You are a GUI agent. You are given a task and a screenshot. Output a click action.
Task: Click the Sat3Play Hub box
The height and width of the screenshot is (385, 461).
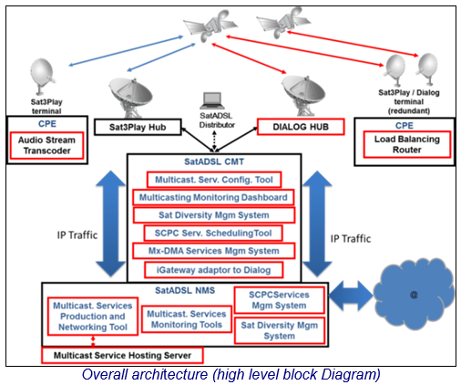138,127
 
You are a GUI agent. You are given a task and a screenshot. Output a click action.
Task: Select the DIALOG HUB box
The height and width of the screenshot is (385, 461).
301,127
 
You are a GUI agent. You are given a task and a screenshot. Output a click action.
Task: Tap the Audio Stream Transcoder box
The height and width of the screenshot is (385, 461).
46,145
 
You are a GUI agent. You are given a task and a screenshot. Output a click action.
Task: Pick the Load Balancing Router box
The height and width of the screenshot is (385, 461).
407,144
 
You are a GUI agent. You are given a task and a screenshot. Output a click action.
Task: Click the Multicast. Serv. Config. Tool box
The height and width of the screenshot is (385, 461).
214,180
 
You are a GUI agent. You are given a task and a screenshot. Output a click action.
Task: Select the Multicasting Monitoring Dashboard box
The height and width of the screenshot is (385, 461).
213,197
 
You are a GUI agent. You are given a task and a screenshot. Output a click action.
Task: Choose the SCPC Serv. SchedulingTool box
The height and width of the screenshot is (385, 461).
213,234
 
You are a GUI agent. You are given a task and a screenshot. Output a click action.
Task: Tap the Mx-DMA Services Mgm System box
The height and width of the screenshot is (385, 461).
213,251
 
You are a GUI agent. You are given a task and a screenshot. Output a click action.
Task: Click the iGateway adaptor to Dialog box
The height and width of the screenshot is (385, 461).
214,270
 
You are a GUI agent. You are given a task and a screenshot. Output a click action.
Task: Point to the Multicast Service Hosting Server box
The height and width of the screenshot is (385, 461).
122,355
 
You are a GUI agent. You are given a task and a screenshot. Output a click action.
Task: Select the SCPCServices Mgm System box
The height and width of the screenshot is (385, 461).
279,300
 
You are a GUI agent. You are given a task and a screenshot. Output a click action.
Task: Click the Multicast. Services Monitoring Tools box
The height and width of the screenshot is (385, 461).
187,319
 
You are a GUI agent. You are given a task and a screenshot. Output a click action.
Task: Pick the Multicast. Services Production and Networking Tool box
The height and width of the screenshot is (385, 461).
93,317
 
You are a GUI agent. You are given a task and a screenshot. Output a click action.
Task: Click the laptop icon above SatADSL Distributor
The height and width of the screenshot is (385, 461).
212,100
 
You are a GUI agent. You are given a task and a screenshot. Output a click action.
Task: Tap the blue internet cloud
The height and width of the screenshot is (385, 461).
414,294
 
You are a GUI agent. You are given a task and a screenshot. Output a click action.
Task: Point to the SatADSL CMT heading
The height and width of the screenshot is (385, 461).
214,161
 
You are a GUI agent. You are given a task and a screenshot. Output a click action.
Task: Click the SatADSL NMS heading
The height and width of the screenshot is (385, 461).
185,290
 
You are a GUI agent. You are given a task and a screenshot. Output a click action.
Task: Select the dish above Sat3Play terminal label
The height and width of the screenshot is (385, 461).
42,76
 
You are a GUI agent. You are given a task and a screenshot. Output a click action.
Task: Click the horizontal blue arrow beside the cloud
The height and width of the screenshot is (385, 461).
351,296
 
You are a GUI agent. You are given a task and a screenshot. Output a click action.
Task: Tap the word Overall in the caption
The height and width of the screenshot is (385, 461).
104,374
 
